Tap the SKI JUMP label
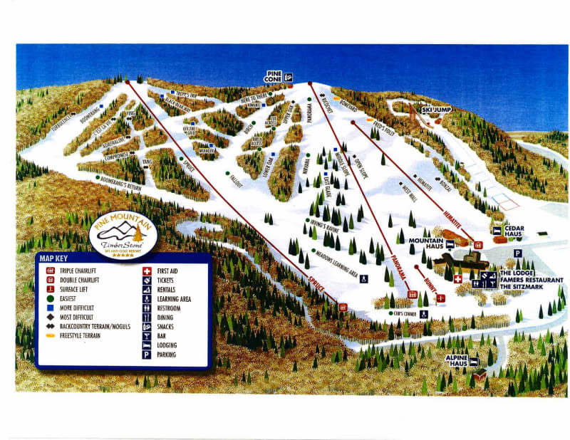click(436, 110)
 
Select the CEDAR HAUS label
click(514, 231)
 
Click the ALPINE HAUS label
click(457, 360)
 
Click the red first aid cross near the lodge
click(457, 278)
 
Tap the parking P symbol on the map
click(518, 252)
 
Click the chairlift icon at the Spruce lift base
click(343, 307)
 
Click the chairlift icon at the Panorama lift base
click(411, 292)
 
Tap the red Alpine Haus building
click(481, 374)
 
